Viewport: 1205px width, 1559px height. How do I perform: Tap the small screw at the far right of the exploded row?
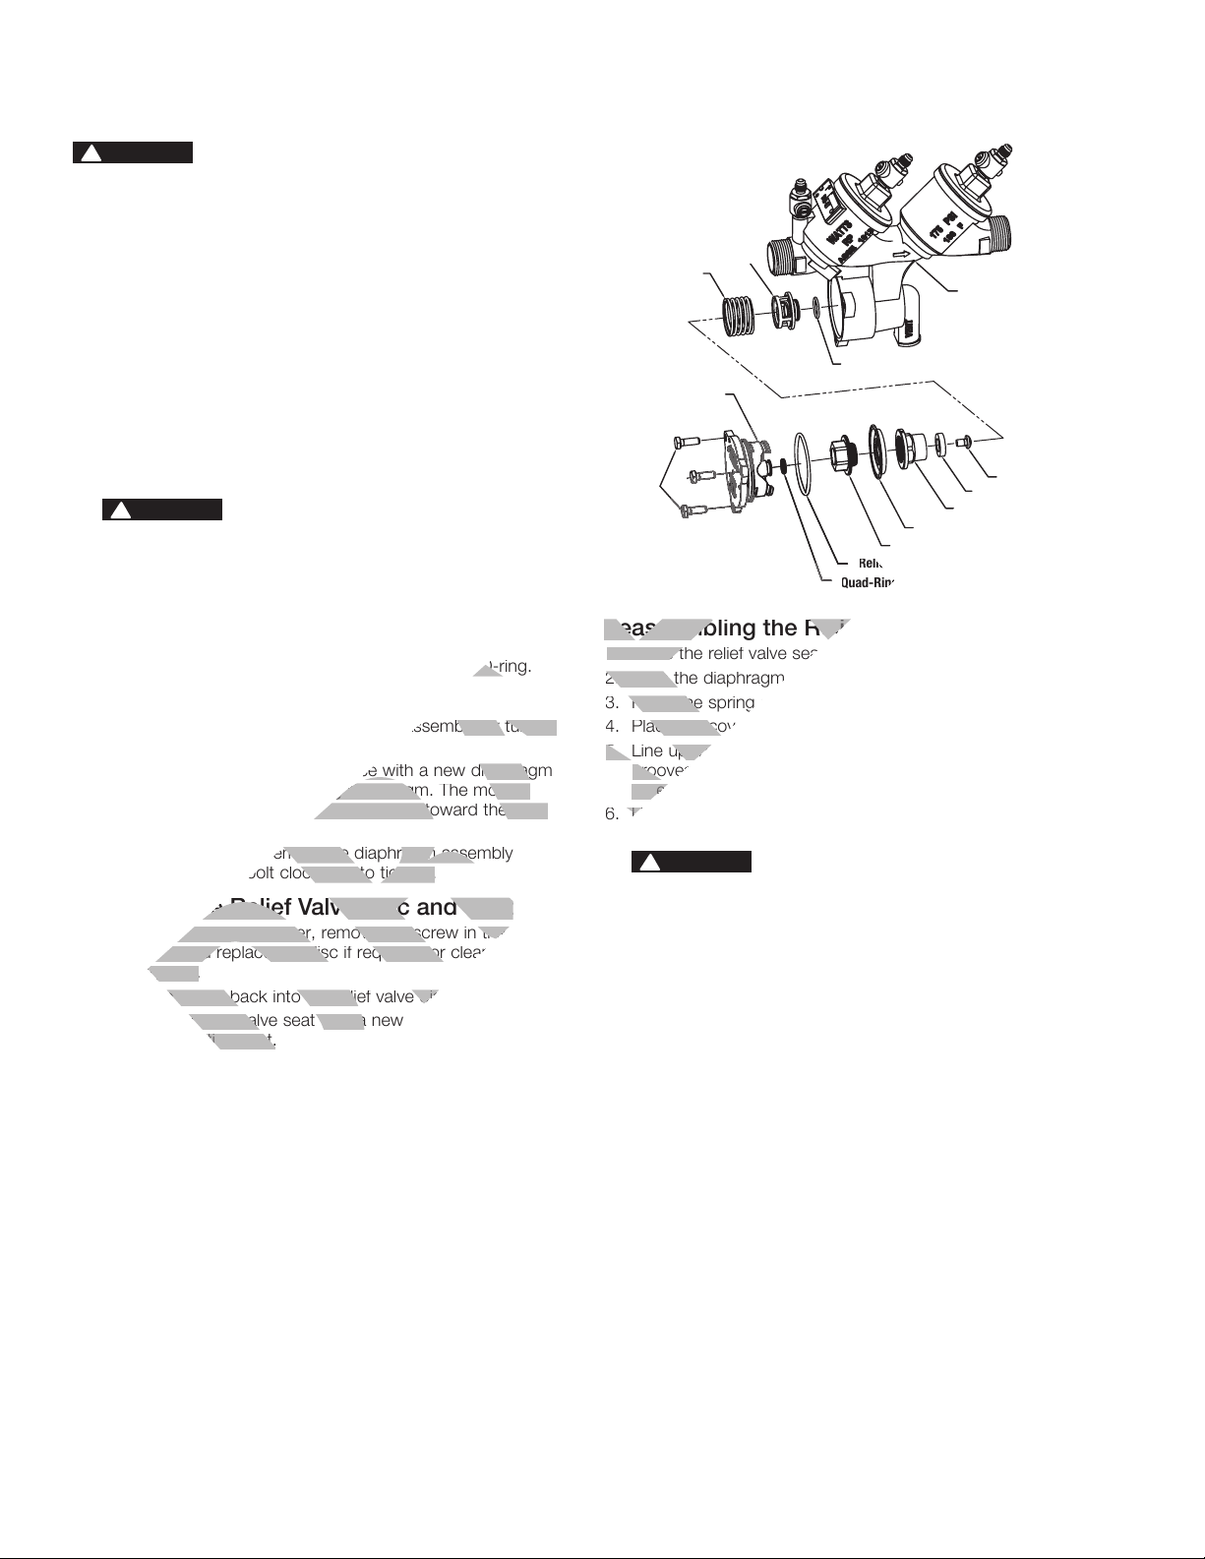click(x=969, y=441)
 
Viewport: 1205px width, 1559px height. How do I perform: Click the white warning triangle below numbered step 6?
click(x=649, y=863)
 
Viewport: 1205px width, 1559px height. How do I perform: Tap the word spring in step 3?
click(x=732, y=703)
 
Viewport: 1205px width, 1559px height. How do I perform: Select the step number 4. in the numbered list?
click(x=612, y=727)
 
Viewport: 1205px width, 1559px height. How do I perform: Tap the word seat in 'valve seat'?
click(x=297, y=1020)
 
